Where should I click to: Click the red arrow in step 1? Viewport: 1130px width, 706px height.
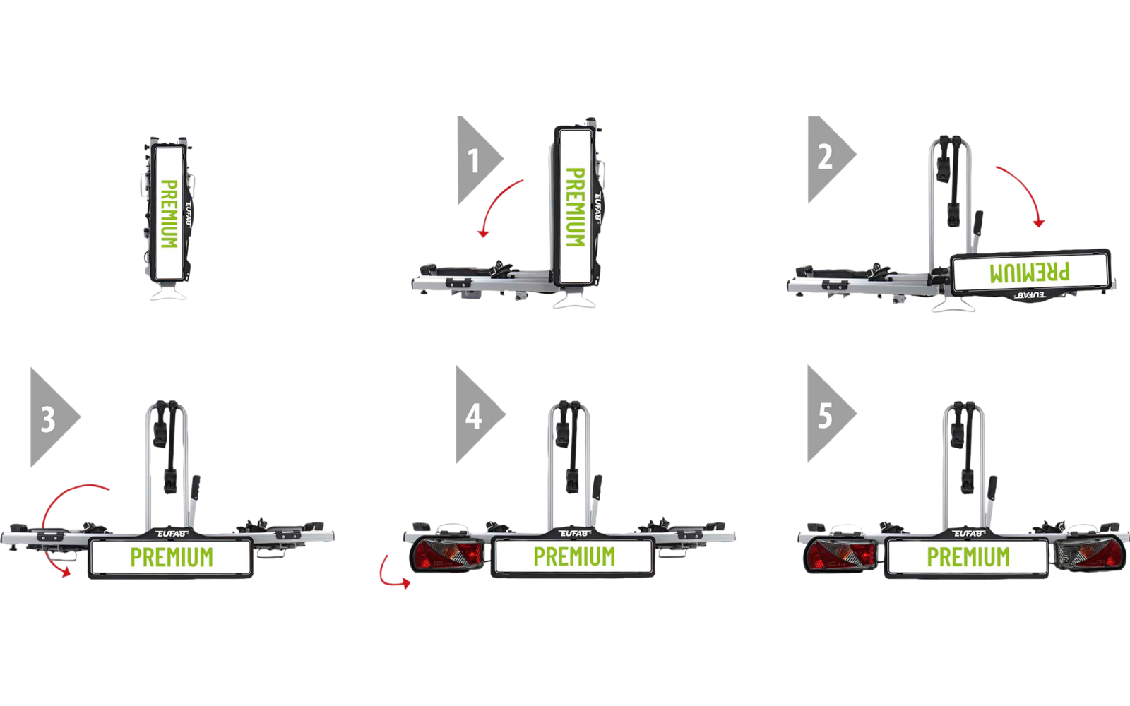tap(494, 201)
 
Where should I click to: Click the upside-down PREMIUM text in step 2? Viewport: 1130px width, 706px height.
tap(1029, 273)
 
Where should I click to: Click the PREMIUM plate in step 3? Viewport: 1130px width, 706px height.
tap(171, 557)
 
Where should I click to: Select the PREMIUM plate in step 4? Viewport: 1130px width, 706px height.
tap(573, 557)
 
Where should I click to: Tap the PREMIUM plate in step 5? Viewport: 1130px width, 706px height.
tap(967, 557)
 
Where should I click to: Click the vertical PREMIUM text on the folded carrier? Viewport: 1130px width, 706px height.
tap(169, 214)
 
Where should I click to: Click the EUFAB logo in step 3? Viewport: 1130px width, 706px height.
tap(172, 534)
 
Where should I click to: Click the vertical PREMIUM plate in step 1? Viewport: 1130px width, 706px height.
tap(575, 207)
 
